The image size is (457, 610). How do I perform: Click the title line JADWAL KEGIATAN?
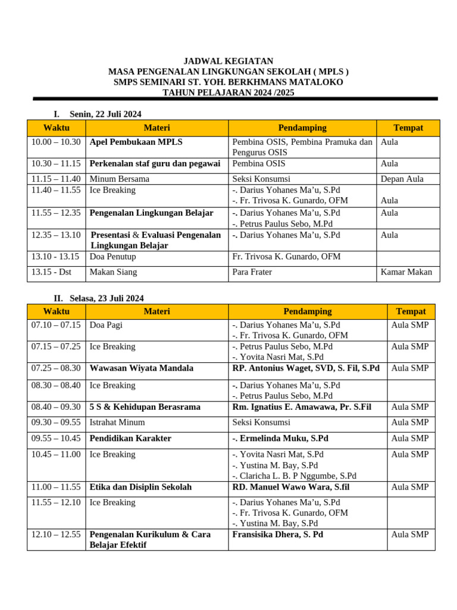228,61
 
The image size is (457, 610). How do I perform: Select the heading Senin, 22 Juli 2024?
105,114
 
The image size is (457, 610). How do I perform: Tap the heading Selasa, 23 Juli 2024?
107,298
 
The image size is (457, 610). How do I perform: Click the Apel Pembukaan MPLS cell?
136,142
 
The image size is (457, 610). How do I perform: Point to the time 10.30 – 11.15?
56,164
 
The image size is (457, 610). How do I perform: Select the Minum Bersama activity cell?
119,179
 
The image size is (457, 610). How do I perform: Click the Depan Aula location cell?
402,179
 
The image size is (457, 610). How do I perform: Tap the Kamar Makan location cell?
406,272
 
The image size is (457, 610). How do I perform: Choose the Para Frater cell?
252,272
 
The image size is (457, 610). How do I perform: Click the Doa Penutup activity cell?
112,257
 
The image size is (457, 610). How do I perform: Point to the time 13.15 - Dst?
52,272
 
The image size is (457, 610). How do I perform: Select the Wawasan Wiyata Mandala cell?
141,368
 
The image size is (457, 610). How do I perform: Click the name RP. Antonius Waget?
305,368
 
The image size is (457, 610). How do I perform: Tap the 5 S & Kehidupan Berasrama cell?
145,407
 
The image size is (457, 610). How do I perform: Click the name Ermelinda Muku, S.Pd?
280,438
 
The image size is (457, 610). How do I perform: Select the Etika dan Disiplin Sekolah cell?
140,487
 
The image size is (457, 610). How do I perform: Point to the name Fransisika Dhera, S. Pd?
277,534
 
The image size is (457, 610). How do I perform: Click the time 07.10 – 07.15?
56,325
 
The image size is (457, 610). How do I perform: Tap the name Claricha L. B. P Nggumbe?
294,476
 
